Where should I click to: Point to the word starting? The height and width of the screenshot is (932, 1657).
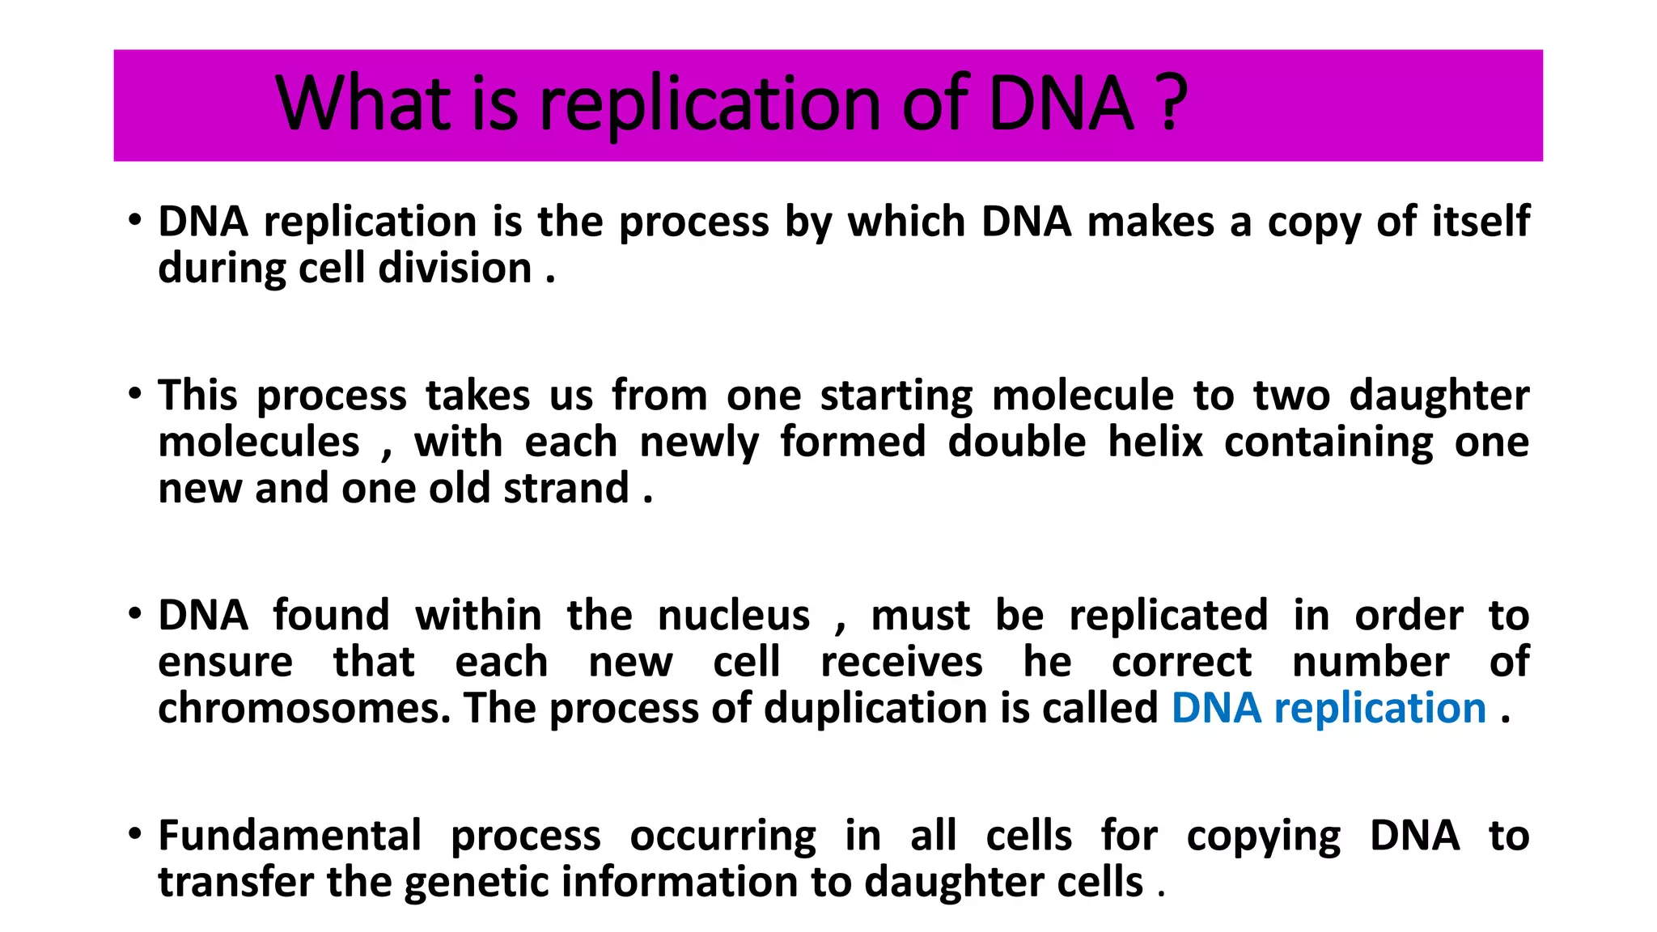(x=896, y=396)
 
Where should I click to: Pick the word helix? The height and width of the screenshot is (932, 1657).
(x=1155, y=442)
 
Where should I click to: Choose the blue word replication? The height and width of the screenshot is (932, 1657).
(x=1379, y=709)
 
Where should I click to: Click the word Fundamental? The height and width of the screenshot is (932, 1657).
(x=290, y=836)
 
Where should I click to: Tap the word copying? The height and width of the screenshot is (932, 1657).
(x=1263, y=837)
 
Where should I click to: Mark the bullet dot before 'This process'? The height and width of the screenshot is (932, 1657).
(x=135, y=395)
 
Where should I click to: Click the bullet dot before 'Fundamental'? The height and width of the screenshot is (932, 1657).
(x=135, y=834)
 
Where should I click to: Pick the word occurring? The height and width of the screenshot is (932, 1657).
(x=723, y=837)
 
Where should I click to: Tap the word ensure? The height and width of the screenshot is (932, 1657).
(x=225, y=663)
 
